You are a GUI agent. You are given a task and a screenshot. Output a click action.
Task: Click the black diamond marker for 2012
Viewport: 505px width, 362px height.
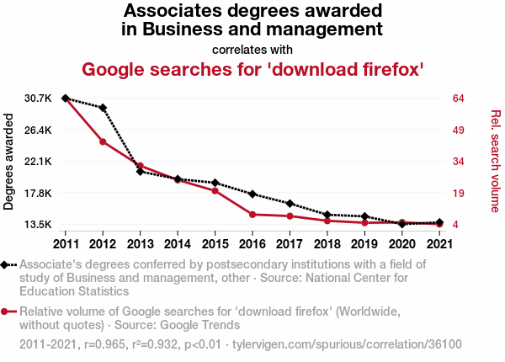[x=103, y=108]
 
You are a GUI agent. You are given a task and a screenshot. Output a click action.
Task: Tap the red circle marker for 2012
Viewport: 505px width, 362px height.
[x=103, y=141]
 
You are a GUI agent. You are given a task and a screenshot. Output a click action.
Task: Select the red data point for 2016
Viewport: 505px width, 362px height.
[x=252, y=215]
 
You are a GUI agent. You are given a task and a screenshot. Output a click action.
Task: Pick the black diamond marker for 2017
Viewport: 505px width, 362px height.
[x=290, y=204]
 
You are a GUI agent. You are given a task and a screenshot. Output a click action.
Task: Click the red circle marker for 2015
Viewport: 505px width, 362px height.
[x=215, y=191]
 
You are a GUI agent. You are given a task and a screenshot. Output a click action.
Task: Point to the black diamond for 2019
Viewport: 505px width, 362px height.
[x=364, y=216]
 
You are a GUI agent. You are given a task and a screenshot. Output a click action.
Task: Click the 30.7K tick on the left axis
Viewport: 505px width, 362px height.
[x=39, y=98]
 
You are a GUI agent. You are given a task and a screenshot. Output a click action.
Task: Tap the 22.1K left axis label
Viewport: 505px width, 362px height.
[x=39, y=162]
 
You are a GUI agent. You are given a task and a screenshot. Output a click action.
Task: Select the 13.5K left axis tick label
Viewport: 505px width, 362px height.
[x=39, y=225]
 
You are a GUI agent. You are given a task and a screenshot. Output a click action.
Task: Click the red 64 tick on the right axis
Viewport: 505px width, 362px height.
[x=459, y=98]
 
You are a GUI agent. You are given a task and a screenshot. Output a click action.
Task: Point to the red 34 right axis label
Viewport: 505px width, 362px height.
[x=459, y=162]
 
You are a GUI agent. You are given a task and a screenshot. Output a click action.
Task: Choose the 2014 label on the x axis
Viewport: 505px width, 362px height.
[x=178, y=244]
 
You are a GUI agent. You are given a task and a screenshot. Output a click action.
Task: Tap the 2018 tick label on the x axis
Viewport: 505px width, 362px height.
[x=327, y=244]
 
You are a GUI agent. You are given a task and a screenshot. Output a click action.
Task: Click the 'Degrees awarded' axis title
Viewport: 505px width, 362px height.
[x=9, y=162]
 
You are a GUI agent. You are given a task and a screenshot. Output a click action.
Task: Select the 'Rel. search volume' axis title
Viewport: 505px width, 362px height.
[x=496, y=162]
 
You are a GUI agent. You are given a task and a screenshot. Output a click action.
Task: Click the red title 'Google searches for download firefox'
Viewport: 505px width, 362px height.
[x=252, y=69]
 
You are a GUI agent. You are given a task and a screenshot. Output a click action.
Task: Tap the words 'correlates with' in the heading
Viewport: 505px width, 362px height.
[x=252, y=49]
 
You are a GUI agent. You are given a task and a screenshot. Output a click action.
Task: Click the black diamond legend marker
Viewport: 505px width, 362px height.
[x=6, y=264]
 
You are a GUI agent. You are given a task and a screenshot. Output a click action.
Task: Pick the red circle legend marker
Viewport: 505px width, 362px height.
[x=6, y=311]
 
